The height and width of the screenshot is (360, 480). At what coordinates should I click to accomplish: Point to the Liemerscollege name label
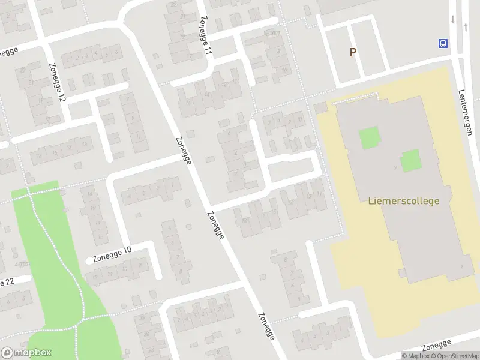tap(403, 201)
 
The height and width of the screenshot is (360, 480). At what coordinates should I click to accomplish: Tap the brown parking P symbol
tap(353, 52)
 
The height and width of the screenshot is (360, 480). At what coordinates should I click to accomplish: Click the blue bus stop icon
tap(443, 43)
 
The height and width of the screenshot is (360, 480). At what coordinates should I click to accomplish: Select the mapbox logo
tap(26, 353)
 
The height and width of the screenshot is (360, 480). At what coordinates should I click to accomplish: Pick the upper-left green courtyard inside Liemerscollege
tap(370, 139)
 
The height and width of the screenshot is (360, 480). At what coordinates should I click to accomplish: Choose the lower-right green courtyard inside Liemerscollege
tap(411, 160)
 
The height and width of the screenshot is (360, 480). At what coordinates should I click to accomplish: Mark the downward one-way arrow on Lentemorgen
tap(453, 19)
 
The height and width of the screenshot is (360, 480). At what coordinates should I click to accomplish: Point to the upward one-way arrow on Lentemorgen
tap(466, 27)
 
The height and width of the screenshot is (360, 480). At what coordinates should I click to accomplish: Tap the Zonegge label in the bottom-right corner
tap(436, 346)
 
